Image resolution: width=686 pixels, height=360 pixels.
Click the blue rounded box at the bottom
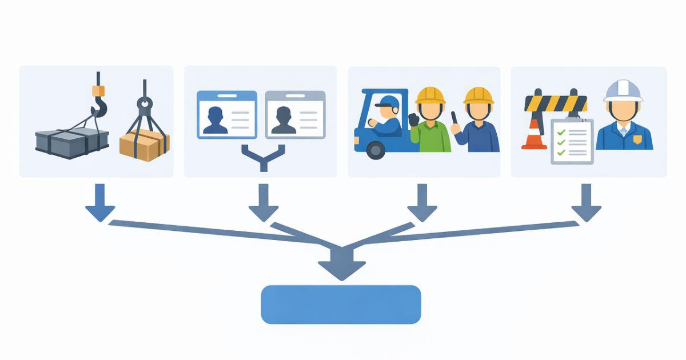pos(341,304)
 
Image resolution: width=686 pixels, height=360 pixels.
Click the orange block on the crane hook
pos(98,90)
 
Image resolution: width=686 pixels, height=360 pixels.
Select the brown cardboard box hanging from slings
pos(144,144)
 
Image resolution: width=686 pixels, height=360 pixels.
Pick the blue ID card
pos(226,114)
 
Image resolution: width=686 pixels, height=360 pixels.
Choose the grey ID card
pos(295,114)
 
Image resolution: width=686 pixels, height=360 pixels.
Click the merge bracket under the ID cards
pos(263,157)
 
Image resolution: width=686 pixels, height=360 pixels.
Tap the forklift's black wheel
pos(376,150)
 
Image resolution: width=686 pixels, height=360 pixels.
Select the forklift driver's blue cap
pos(388,102)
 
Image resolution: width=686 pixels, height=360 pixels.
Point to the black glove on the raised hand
pos(413,119)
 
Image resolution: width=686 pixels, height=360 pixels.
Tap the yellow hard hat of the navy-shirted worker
pos(478,94)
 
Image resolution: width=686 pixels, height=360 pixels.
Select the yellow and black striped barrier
pos(556,103)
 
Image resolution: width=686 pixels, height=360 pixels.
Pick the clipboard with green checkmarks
pos(572,141)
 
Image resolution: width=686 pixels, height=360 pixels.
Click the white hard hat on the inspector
pos(623,90)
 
